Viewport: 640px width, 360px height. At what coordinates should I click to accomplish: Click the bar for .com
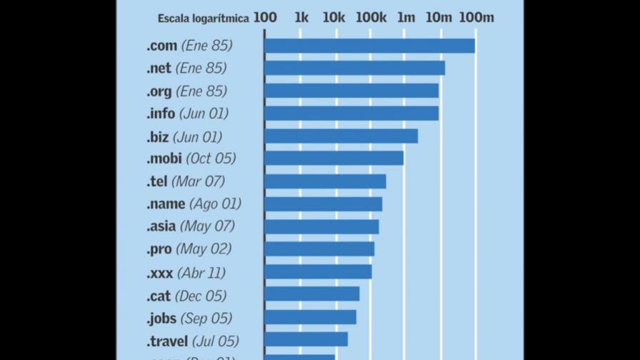[369, 46]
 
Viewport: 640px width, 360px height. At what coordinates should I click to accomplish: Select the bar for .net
[354, 68]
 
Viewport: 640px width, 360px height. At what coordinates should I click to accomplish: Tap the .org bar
[351, 91]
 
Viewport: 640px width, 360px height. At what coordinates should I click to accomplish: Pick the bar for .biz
[341, 136]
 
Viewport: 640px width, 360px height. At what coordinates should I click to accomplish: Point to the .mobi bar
[334, 158]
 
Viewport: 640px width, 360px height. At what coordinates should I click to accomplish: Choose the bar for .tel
[325, 181]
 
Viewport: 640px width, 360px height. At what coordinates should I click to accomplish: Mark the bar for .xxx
[318, 272]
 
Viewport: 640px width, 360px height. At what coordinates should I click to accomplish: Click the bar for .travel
[306, 339]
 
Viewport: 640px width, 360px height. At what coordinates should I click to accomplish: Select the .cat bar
[311, 294]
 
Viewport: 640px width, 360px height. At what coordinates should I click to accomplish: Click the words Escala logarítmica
[204, 19]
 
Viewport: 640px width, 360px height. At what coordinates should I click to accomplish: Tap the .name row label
[166, 204]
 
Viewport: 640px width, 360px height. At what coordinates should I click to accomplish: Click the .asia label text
[161, 226]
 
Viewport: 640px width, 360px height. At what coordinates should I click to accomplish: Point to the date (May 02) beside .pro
[204, 249]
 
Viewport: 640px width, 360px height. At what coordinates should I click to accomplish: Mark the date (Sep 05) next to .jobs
[206, 318]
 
